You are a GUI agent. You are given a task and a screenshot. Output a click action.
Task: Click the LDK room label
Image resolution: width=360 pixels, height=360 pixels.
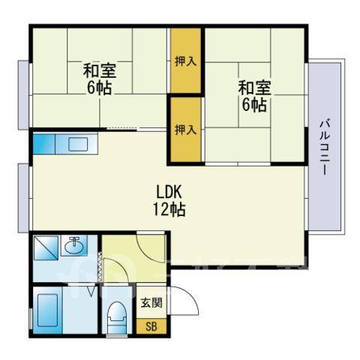point(169,192)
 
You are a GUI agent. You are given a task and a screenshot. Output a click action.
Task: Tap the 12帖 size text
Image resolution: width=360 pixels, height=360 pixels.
point(169,209)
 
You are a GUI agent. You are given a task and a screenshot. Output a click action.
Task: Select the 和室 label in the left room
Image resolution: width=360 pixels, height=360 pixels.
point(100,70)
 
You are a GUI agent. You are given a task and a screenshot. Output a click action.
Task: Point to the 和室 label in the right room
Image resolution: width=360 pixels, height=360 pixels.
point(255,88)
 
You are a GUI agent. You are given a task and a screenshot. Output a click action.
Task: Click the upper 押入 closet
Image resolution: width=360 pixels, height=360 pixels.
point(186,61)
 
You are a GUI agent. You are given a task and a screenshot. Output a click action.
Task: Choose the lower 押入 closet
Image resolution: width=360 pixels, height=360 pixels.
point(186,130)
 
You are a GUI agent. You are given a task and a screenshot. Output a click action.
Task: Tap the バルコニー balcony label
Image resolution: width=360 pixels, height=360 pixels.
point(325,148)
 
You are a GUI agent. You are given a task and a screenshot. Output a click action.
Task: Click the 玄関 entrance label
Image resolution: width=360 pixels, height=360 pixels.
point(151,303)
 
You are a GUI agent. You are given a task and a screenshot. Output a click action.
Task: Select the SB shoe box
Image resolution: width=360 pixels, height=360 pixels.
point(151,326)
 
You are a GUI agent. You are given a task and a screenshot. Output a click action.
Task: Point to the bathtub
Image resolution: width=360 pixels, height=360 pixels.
point(47,310)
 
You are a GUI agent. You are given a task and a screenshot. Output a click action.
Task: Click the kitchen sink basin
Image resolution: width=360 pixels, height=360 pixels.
point(78,144)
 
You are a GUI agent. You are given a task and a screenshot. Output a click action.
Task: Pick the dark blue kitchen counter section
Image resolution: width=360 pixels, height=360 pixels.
point(44,144)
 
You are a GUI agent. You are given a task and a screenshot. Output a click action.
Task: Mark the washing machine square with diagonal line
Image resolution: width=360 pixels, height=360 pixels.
point(46,248)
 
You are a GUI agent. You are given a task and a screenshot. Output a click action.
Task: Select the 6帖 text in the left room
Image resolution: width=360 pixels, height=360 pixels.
point(99,88)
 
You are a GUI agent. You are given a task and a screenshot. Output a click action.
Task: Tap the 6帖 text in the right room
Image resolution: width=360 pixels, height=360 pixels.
point(254,105)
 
